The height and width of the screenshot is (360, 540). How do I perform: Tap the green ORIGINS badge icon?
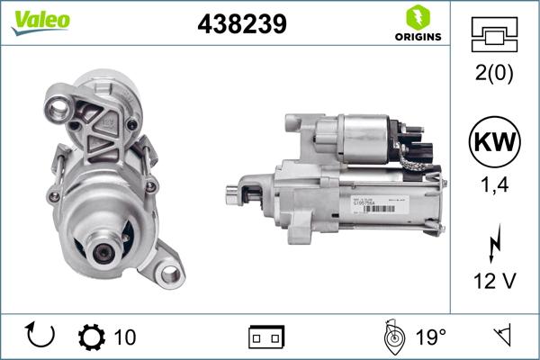tap(417, 18)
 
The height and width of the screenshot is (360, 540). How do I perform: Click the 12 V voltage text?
tap(494, 282)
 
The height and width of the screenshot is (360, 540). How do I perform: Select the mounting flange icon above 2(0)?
tap(494, 36)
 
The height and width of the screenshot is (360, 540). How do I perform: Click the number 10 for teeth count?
tap(126, 337)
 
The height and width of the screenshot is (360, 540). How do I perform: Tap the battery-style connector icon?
tap(266, 337)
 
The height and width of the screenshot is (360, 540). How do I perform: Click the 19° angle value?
tap(430, 337)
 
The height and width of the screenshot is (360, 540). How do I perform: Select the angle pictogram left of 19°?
tap(392, 337)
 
